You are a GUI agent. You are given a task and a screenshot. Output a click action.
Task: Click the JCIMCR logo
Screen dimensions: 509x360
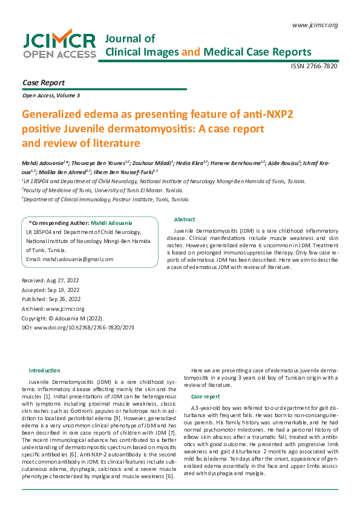point(59,45)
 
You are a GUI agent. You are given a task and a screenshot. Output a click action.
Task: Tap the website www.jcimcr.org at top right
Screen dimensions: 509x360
point(315,25)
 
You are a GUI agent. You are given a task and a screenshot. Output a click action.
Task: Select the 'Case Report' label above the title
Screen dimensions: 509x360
point(43,83)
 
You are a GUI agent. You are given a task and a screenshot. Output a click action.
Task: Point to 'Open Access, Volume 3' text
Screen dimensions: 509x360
point(51,96)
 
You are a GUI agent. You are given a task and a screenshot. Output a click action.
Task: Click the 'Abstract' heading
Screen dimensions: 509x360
point(184,219)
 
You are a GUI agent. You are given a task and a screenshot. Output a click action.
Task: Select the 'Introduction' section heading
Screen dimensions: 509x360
point(45,370)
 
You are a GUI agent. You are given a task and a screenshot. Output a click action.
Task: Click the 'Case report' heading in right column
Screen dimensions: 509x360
point(205,396)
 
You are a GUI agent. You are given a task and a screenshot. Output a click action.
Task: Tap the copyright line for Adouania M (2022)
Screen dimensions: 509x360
point(63,318)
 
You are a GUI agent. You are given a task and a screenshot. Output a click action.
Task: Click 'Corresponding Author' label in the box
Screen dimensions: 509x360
point(58,223)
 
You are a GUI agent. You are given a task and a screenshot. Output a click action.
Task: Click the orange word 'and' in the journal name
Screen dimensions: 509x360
point(191,52)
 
